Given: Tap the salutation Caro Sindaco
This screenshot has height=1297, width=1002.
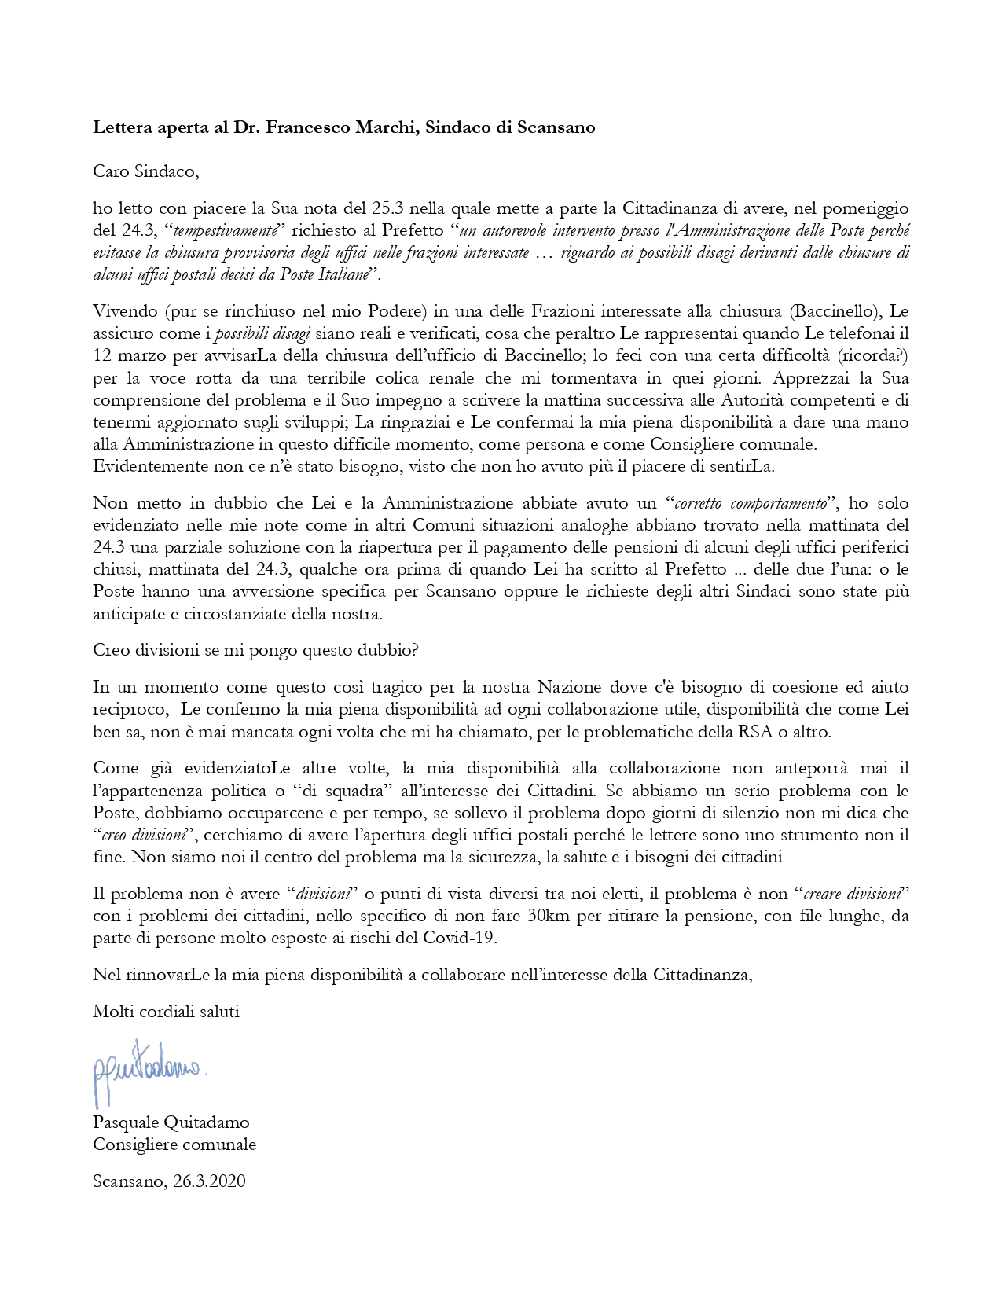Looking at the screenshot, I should coord(141,171).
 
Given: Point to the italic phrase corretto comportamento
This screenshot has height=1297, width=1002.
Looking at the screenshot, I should coord(751,503).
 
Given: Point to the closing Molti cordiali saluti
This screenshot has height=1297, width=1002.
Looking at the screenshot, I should coord(166,1012).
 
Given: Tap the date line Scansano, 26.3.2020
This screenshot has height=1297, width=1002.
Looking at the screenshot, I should coord(169,1181).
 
